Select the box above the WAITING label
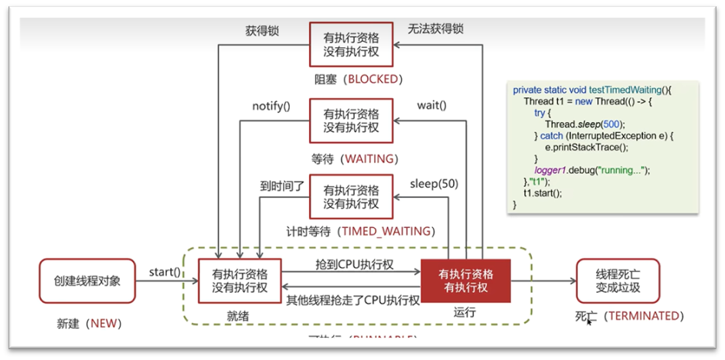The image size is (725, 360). tap(351, 120)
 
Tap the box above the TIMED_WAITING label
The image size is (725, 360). tap(351, 196)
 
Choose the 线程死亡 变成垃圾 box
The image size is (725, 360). tap(618, 280)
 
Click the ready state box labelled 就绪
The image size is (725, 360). tap(240, 280)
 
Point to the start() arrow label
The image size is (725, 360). tap(164, 271)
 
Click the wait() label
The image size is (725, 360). tap(432, 105)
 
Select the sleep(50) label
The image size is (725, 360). tap(434, 183)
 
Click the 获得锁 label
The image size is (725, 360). tap(262, 31)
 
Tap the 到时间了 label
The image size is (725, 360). tap(282, 185)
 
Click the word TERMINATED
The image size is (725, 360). tap(643, 316)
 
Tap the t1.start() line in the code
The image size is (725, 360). tap(543, 193)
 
